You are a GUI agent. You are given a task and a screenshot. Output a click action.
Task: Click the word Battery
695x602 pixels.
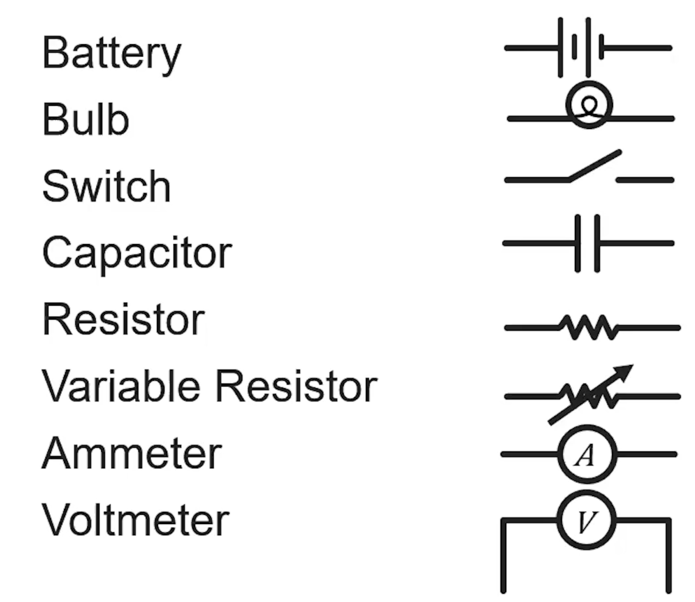[112, 53]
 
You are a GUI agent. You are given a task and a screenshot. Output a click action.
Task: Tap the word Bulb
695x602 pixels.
[86, 119]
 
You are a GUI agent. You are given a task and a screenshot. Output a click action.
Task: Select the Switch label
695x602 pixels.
[107, 186]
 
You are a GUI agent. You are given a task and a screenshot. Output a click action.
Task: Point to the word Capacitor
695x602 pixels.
[137, 252]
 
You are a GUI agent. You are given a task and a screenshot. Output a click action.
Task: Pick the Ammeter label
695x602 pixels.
[131, 453]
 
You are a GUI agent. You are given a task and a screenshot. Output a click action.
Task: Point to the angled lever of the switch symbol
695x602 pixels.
[595, 166]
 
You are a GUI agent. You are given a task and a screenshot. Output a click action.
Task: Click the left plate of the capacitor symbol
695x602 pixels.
[577, 243]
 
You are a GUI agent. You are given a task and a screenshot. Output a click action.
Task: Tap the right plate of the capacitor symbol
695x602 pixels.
[597, 243]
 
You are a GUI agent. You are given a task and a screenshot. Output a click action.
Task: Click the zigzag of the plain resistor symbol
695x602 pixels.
[588, 327]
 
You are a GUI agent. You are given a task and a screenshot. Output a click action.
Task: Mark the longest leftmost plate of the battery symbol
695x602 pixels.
[560, 48]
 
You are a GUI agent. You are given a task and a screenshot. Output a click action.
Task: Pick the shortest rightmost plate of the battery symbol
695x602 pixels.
[601, 48]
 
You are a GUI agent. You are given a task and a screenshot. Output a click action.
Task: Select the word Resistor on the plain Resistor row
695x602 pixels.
[123, 320]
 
